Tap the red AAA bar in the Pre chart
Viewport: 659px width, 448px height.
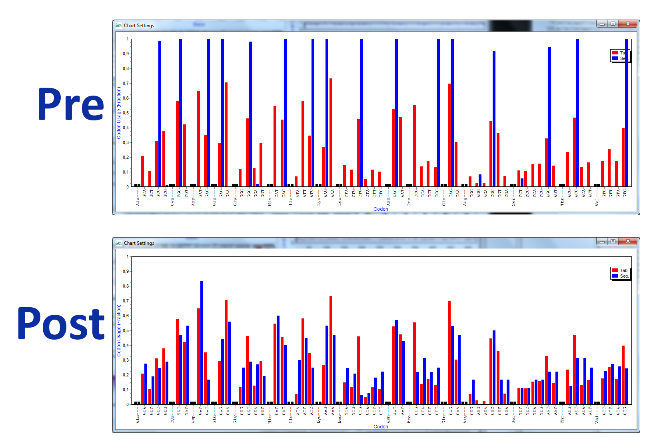(331, 132)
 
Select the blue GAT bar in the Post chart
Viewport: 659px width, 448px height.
(202, 342)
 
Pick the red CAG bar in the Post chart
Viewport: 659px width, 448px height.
(449, 352)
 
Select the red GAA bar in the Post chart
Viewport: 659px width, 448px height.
(226, 352)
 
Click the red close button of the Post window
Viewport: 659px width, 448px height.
(628, 242)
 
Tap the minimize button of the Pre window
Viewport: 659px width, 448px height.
(602, 24)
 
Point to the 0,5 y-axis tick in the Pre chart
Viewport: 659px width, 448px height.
(126, 113)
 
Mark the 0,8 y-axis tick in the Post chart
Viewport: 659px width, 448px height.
(126, 286)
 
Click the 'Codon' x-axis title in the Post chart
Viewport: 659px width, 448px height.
(381, 427)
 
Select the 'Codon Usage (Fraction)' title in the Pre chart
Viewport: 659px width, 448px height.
(119, 113)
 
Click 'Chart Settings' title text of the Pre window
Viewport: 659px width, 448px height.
(139, 26)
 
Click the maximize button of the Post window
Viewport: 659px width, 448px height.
(613, 242)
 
